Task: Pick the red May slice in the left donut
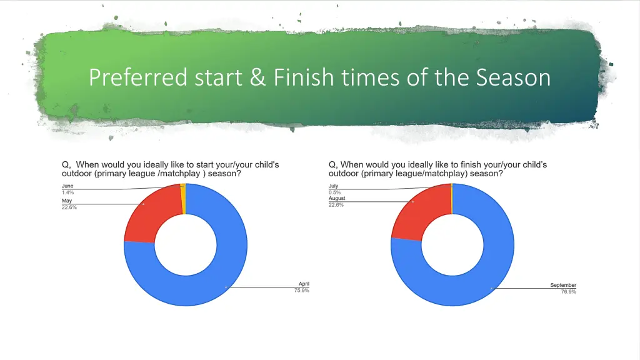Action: (x=147, y=216)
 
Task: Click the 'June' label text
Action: (x=67, y=186)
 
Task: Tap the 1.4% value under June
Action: (x=67, y=192)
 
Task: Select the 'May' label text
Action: (x=67, y=201)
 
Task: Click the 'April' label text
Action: (x=303, y=284)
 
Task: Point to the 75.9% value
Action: (x=302, y=290)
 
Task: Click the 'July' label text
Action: (x=334, y=186)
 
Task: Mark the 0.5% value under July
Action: (x=334, y=192)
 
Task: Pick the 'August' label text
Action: (x=337, y=199)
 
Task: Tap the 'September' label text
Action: (x=563, y=285)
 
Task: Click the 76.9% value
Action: (x=568, y=291)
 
